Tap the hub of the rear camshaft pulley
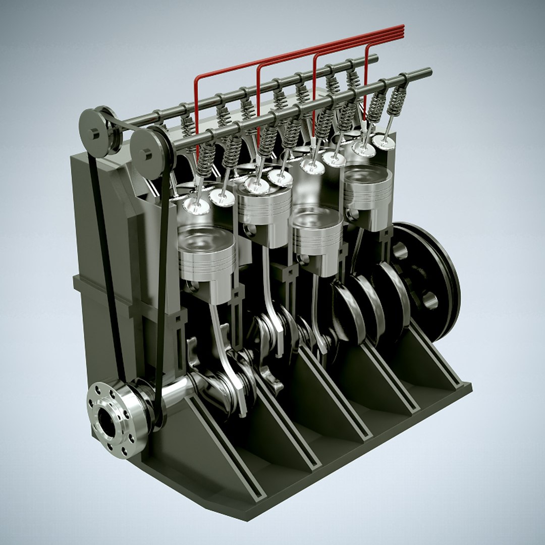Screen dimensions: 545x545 coord(94,133)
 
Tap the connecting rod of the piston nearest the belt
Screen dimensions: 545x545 coord(222,343)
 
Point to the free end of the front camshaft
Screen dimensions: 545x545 coord(428,72)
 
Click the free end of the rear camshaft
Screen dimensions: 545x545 coord(374,59)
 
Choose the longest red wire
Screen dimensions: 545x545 coord(197,111)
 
